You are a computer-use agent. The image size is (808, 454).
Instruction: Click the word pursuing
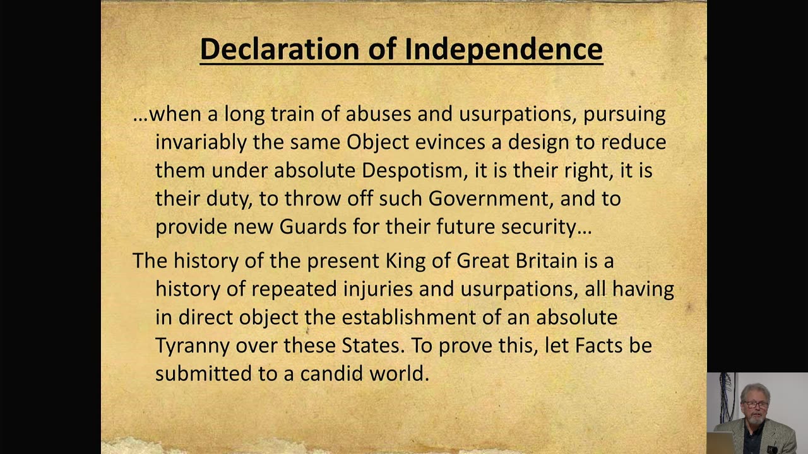(x=624, y=114)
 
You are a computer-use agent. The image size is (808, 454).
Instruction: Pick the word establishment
(x=408, y=317)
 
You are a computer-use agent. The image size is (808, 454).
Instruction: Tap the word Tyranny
(x=193, y=346)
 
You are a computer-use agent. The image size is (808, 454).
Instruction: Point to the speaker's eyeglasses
(x=755, y=404)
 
